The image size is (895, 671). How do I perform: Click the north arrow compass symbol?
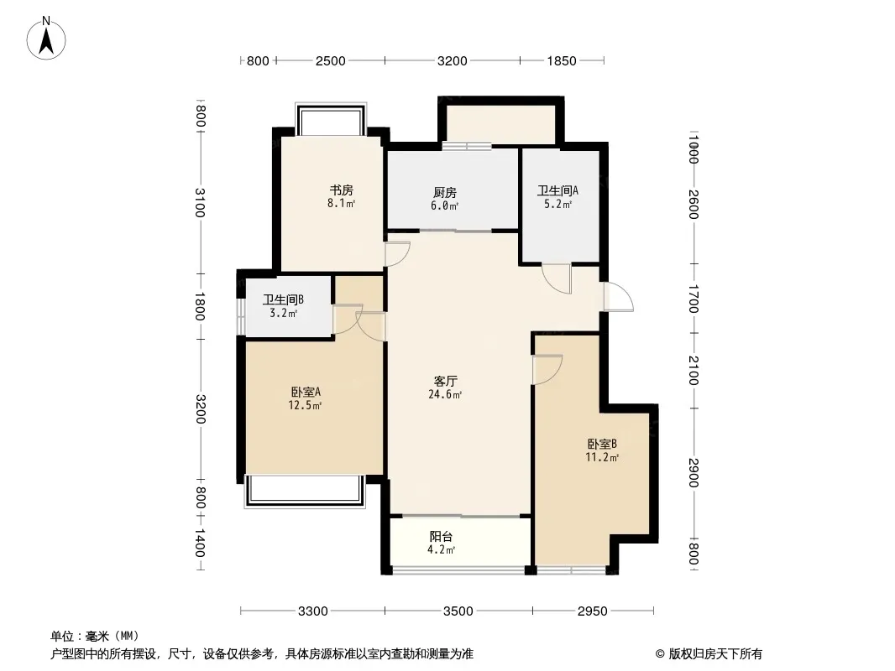click(x=46, y=39)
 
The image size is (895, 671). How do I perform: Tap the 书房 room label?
click(x=342, y=190)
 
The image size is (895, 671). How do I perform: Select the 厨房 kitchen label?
click(x=445, y=193)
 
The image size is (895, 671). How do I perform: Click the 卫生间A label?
click(x=557, y=190)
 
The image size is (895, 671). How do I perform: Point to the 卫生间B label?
click(x=283, y=299)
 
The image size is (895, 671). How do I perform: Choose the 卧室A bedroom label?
click(x=306, y=393)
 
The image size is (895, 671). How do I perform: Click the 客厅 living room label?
click(x=445, y=381)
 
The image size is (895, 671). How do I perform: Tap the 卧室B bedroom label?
click(x=602, y=444)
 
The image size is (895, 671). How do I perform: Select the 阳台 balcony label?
click(x=442, y=537)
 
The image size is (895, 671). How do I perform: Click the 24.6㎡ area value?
click(x=445, y=394)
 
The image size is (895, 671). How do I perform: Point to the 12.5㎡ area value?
click(x=305, y=406)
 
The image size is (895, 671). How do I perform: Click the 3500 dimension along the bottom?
click(x=458, y=611)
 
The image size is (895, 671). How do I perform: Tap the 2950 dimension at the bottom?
click(x=593, y=611)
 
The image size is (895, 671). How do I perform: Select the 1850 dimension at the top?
click(x=562, y=60)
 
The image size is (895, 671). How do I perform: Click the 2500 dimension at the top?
click(x=331, y=60)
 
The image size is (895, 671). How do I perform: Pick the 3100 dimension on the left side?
click(x=199, y=202)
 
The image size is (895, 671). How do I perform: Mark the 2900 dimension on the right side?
click(x=693, y=472)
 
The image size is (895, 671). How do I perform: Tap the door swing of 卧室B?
click(x=547, y=369)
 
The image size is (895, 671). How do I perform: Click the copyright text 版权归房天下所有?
click(x=714, y=654)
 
